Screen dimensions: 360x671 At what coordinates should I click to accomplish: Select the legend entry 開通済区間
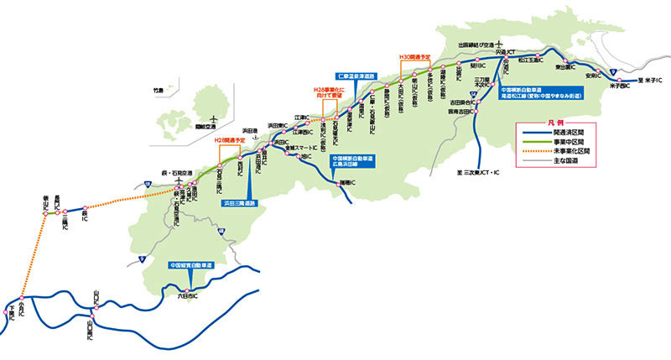pos(570,133)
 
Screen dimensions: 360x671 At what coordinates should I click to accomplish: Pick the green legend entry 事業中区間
pos(570,143)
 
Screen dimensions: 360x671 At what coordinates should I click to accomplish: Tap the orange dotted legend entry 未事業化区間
pos(572,152)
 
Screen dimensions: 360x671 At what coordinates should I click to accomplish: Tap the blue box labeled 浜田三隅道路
pos(242,202)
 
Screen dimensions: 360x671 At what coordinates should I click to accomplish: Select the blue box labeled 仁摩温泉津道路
pos(357,76)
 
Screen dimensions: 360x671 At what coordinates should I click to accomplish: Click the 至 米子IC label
pos(647,80)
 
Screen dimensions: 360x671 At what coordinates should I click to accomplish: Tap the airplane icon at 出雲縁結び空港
pos(499,44)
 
